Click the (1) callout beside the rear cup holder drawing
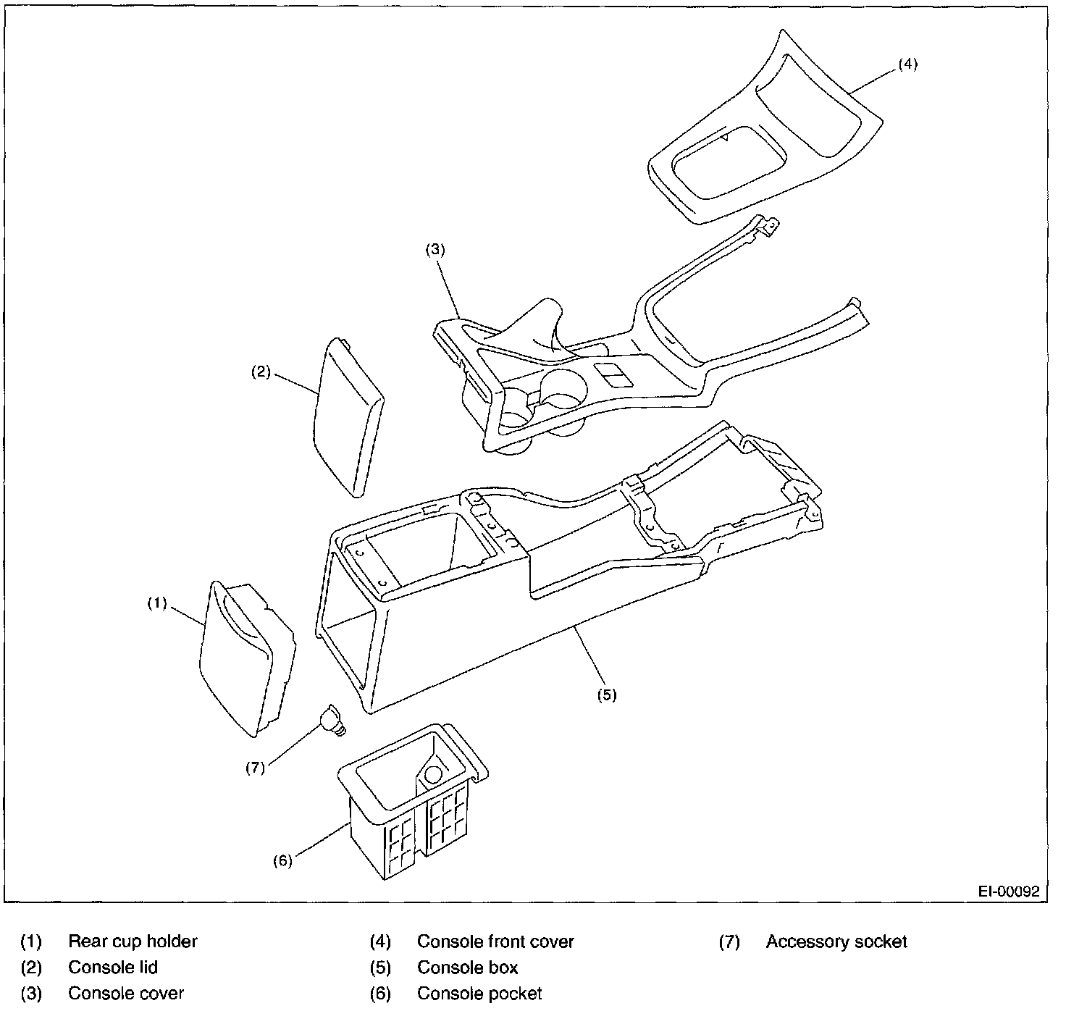pyautogui.click(x=157, y=603)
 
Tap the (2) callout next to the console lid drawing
pyautogui.click(x=261, y=372)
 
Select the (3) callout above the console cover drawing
pyautogui.click(x=435, y=251)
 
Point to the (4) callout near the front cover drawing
pyautogui.click(x=907, y=64)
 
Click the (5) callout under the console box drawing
pyautogui.click(x=606, y=695)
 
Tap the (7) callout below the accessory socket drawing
pyautogui.click(x=255, y=768)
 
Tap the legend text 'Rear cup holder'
pyautogui.click(x=133, y=941)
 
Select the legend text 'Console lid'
pyautogui.click(x=113, y=968)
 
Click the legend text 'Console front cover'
pyautogui.click(x=495, y=941)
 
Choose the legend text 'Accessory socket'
pyautogui.click(x=836, y=941)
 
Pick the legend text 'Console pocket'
pyautogui.click(x=479, y=994)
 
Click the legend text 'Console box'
pyautogui.click(x=468, y=968)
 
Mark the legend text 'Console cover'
pyautogui.click(x=126, y=994)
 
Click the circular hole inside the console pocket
pyautogui.click(x=433, y=773)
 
